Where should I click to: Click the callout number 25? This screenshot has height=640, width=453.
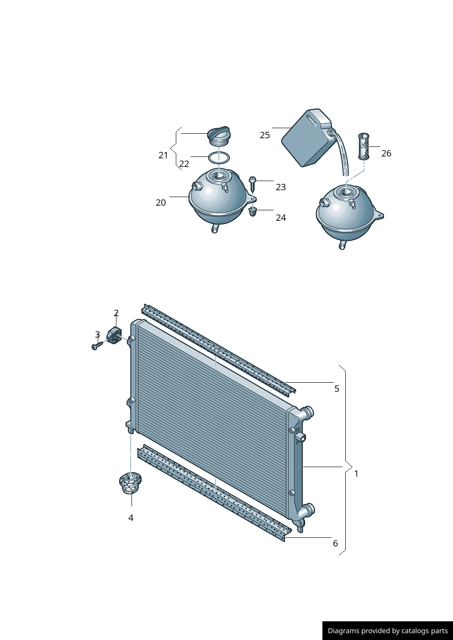click(x=265, y=135)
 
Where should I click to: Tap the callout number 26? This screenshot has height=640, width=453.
click(x=386, y=153)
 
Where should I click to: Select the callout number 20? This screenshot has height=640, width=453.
click(x=161, y=203)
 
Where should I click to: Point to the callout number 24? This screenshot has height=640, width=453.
click(x=281, y=218)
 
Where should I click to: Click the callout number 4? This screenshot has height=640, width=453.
click(x=131, y=518)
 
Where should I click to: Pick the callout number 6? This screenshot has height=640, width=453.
click(x=335, y=543)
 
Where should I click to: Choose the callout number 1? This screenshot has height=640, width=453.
click(x=356, y=473)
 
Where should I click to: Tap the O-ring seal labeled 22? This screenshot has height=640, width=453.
click(x=219, y=158)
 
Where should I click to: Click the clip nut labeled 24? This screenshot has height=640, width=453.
click(x=253, y=212)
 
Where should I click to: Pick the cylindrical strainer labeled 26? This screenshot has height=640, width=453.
click(x=363, y=146)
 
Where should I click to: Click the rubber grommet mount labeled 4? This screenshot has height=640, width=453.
click(x=130, y=483)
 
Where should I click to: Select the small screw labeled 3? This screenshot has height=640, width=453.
click(x=97, y=345)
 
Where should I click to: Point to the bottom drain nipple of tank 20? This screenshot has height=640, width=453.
click(x=215, y=229)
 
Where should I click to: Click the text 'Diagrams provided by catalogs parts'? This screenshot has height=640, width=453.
click(x=388, y=631)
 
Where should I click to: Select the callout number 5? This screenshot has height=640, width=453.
click(x=337, y=389)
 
